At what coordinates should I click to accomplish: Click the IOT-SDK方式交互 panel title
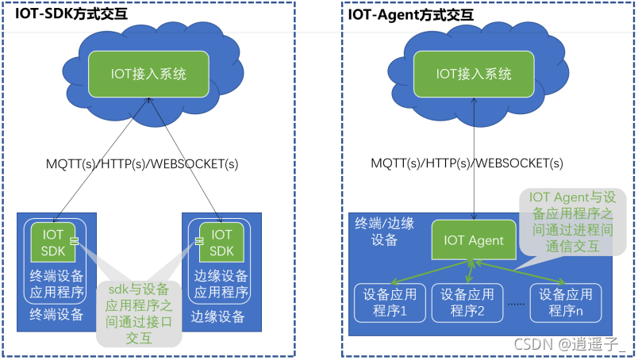click(71, 13)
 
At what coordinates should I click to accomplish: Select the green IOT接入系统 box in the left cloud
click(147, 75)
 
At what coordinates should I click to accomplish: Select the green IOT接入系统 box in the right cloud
click(475, 74)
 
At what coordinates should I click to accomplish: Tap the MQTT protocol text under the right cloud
click(467, 164)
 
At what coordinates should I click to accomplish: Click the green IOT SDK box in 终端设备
click(52, 243)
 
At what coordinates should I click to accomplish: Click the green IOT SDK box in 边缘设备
click(221, 243)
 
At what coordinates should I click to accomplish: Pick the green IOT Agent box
click(474, 240)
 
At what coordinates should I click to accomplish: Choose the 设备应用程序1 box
click(390, 301)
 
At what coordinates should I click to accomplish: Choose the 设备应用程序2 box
click(468, 301)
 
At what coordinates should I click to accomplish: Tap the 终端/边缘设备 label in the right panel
click(384, 231)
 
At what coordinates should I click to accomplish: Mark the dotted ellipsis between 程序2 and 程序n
click(517, 303)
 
